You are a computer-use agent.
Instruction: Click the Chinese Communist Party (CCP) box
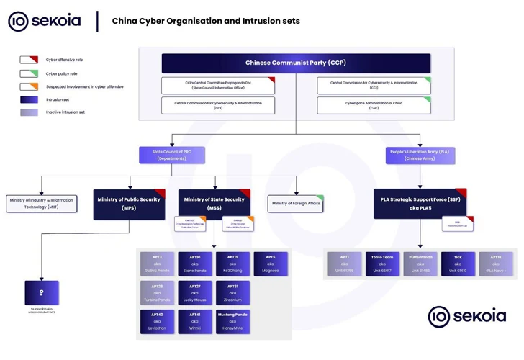296,63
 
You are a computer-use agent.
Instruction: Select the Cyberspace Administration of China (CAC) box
374,105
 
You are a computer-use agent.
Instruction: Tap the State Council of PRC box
172,155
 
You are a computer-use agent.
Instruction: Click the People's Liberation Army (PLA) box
420,155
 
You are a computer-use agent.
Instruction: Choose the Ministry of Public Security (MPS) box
129,204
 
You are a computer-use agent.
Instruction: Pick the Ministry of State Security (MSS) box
214,204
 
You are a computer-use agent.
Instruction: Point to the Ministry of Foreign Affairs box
296,204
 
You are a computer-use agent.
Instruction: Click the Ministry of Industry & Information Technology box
42,204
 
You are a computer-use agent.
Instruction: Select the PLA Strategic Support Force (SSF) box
420,204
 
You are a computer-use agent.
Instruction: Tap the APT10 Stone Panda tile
195,264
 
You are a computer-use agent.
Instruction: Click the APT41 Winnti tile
195,321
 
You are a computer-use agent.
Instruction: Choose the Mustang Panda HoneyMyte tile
232,321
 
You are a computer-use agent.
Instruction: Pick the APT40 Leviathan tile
157,321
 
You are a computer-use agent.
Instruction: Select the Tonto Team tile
382,264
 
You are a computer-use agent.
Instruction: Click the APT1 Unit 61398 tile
345,264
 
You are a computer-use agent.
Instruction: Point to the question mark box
42,292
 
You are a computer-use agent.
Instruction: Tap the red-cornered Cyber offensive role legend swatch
29,60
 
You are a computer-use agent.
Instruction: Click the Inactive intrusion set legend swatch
29,112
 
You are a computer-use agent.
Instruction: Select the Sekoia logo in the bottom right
467,316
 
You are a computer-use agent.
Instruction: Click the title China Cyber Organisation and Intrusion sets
206,21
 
